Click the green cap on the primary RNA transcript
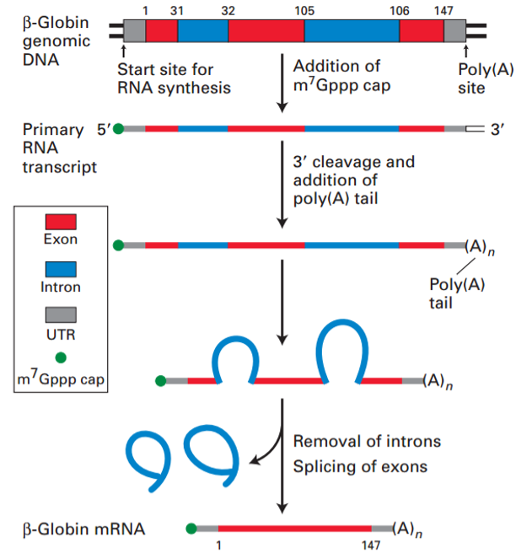click(x=118, y=129)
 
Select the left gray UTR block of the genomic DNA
click(x=134, y=31)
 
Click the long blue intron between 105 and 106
click(x=352, y=31)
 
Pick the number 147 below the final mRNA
click(x=369, y=545)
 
